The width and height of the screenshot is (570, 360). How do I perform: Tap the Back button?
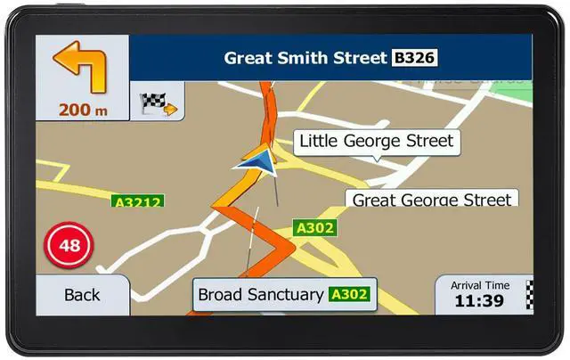click(x=82, y=294)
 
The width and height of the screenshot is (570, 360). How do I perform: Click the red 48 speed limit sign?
click(x=63, y=244)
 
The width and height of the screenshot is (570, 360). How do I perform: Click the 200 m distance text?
click(x=83, y=110)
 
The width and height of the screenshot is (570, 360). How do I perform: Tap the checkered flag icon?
click(x=158, y=103)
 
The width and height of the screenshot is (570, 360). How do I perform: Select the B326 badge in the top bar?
click(x=414, y=59)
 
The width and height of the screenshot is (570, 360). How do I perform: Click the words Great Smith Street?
click(x=305, y=59)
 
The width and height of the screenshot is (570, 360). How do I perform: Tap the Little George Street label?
click(x=376, y=141)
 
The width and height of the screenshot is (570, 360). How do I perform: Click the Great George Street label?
click(x=432, y=200)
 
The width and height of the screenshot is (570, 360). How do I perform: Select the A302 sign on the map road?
click(x=315, y=228)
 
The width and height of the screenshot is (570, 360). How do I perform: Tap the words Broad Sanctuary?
click(x=260, y=294)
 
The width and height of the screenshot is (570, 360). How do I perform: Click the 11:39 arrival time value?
click(x=478, y=301)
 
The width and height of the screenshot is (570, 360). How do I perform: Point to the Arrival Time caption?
click(x=480, y=285)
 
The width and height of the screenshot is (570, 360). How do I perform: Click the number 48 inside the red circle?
click(x=63, y=244)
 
